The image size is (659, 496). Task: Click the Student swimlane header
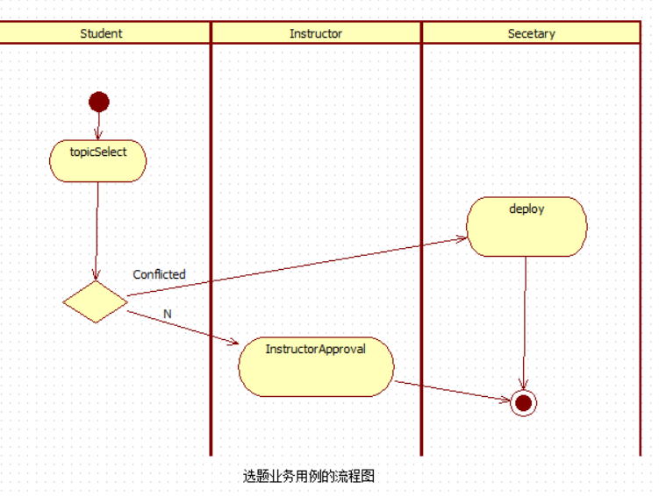point(101,33)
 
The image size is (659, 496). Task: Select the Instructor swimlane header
point(316,33)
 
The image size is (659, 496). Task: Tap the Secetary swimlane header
point(531,33)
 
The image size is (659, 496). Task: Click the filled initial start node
point(99,102)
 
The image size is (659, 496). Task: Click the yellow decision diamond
point(96,301)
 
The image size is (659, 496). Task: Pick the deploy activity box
point(526,226)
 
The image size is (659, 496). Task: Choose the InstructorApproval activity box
point(316,366)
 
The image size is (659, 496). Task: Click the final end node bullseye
point(523,402)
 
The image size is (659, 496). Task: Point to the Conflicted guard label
point(159,274)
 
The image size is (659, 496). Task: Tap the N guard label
point(168,314)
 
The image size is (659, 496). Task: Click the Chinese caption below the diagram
point(309,477)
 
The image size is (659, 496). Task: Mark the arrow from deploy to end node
point(525,324)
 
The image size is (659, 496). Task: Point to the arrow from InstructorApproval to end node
point(452,391)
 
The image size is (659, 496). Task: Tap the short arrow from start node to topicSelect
point(98,126)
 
